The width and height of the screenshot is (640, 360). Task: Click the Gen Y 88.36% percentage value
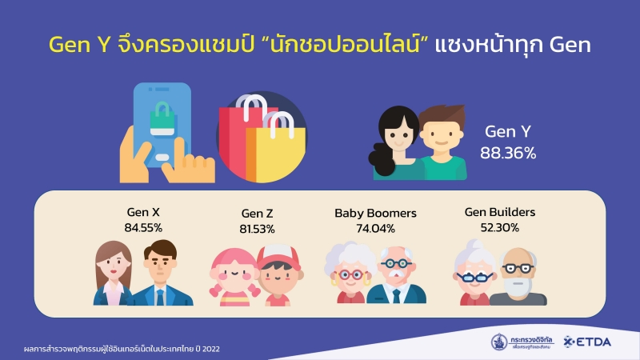point(508,153)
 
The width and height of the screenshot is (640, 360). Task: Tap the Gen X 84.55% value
point(143,227)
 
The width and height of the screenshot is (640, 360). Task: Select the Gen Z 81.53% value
point(257,229)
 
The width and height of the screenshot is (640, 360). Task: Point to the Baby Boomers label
point(375,213)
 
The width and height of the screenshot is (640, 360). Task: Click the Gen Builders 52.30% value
point(499,227)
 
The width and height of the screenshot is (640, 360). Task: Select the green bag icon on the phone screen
point(162,119)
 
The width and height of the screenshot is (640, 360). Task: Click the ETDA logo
point(587,342)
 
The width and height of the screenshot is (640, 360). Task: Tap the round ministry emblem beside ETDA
point(498,342)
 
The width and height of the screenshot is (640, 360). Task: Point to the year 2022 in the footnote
point(210,349)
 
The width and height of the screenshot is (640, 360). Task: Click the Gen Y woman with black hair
point(395,143)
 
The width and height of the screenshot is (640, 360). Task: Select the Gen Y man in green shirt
point(443,143)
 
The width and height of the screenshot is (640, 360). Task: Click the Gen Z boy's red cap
point(278,256)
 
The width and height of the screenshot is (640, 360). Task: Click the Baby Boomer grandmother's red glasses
point(350,275)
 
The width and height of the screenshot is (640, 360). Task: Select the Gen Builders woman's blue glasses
point(474,278)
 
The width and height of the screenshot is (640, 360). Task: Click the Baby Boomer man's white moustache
point(394,274)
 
